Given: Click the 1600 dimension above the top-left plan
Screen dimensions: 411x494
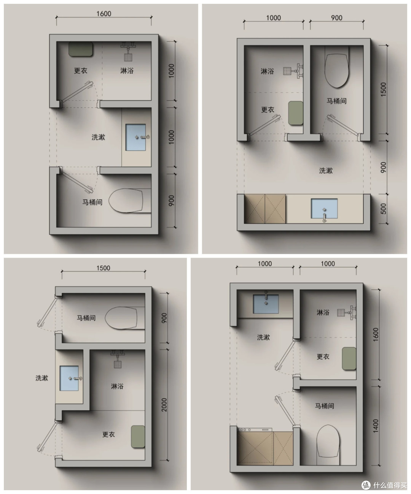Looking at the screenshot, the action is pyautogui.click(x=104, y=14).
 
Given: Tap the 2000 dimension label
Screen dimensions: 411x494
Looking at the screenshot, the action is pyautogui.click(x=164, y=405).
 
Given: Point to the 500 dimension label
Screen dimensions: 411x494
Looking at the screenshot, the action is pyautogui.click(x=383, y=209).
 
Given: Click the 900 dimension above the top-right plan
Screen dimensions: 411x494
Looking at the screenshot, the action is pyautogui.click(x=337, y=18).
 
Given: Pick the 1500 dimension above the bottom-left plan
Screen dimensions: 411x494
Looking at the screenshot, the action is pyautogui.click(x=103, y=268).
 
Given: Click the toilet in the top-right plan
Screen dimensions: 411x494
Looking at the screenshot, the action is pyautogui.click(x=337, y=70).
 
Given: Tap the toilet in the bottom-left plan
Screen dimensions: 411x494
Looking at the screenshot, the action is pyautogui.click(x=121, y=318).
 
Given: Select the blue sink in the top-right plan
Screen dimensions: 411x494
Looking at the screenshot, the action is pyautogui.click(x=324, y=209).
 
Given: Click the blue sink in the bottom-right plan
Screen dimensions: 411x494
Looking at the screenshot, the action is pyautogui.click(x=266, y=304).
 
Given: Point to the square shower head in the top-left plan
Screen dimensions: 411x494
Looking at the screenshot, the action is pyautogui.click(x=128, y=57).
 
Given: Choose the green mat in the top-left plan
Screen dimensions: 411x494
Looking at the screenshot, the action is pyautogui.click(x=81, y=49).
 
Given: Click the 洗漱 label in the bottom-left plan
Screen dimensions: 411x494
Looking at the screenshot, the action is pyautogui.click(x=42, y=378).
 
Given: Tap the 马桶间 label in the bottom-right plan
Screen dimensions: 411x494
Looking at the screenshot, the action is pyautogui.click(x=324, y=406).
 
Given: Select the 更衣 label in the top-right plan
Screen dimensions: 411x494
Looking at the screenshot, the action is pyautogui.click(x=268, y=109).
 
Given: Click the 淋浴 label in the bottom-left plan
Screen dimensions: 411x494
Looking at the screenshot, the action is pyautogui.click(x=117, y=386).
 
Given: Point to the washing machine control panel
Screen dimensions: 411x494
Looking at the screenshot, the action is pyautogui.click(x=255, y=429).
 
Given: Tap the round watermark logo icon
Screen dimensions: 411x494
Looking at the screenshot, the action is pyautogui.click(x=366, y=485).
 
